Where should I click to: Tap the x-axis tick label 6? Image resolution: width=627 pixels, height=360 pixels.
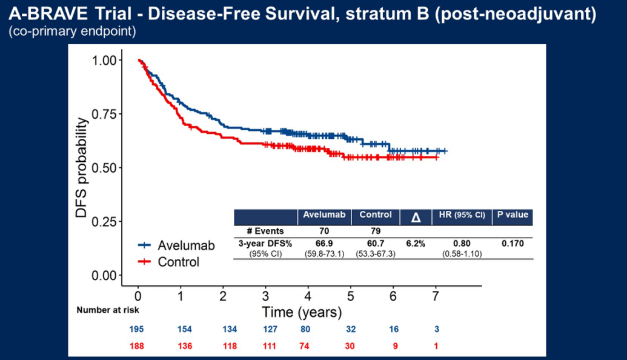393,295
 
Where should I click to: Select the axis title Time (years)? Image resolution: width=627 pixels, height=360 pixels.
302,313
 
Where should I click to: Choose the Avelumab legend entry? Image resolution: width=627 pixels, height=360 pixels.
176,245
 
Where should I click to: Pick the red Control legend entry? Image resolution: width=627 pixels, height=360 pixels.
169,262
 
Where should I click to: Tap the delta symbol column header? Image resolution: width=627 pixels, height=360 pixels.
416,216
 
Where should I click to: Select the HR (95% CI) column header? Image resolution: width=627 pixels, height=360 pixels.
462,215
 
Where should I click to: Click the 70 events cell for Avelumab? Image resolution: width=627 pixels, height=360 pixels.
324,231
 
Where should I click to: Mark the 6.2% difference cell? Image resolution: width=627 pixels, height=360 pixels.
416,243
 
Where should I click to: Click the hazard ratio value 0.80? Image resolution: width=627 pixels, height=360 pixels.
462,243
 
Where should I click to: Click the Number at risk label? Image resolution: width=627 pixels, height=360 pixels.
108,310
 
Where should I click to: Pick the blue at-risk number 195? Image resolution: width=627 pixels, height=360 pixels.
138,330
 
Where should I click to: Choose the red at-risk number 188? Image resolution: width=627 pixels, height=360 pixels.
138,346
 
